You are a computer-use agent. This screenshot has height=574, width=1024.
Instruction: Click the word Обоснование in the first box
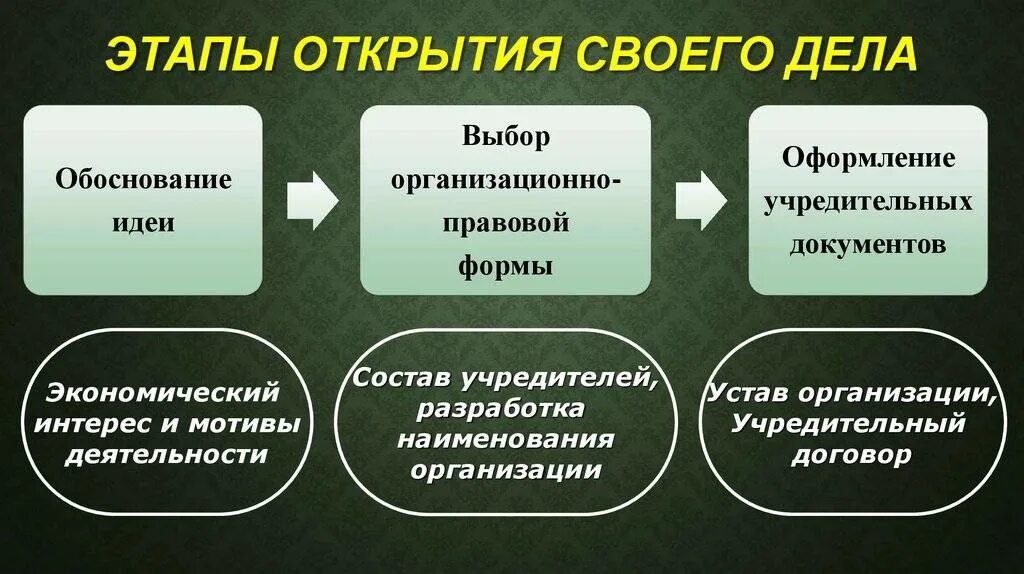click(143, 180)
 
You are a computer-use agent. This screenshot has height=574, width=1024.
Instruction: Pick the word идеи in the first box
click(143, 223)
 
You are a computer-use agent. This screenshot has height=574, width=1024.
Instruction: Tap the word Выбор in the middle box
click(506, 136)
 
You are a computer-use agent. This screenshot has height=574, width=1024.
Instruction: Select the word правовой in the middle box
click(506, 222)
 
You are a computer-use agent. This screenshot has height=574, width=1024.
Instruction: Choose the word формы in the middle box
click(506, 266)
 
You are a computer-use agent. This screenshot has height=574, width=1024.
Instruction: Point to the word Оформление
click(869, 158)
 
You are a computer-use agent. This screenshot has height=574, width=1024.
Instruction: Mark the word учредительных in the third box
click(869, 201)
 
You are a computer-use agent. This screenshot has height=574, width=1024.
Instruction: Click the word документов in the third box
click(869, 244)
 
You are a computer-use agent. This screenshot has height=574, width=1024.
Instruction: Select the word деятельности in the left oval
click(167, 455)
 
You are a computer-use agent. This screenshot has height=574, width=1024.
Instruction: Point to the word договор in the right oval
click(850, 455)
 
